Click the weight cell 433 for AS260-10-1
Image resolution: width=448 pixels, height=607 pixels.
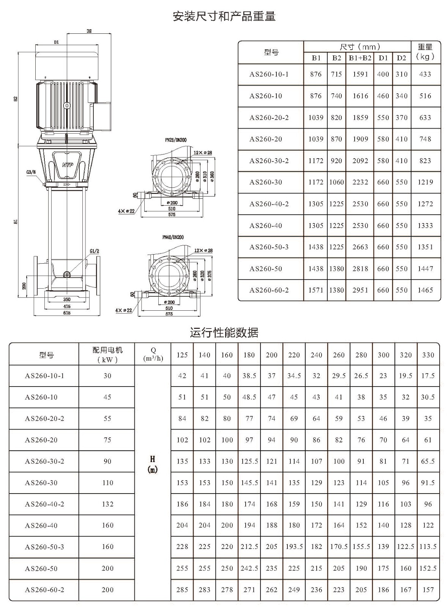(x=425, y=74)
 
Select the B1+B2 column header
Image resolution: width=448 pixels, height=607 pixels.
(x=360, y=58)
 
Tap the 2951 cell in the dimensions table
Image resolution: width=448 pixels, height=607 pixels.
(x=360, y=290)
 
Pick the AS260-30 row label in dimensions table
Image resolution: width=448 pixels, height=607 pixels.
(x=265, y=182)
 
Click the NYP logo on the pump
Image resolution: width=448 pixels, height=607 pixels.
(x=68, y=165)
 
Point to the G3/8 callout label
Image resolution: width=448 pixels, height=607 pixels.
(x=31, y=172)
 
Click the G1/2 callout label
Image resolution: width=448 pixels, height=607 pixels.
(x=95, y=251)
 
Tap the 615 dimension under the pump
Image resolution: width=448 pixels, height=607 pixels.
(x=67, y=313)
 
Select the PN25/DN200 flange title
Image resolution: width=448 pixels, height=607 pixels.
(x=176, y=140)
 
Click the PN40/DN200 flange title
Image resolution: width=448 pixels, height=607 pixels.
(x=173, y=237)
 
